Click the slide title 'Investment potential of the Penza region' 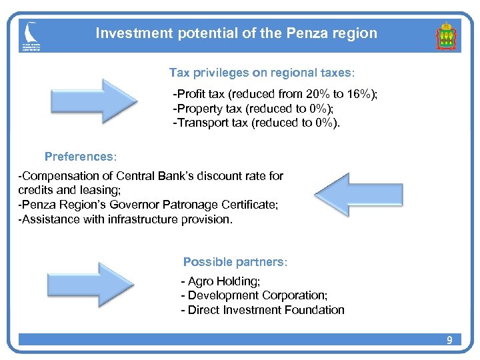point(236,33)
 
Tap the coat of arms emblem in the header point(446,37)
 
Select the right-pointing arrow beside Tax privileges point(93,100)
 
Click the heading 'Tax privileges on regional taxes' point(262,72)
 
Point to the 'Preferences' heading point(80,157)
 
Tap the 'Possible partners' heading point(235,262)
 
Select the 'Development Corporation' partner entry point(257,295)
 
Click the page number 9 point(449,341)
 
